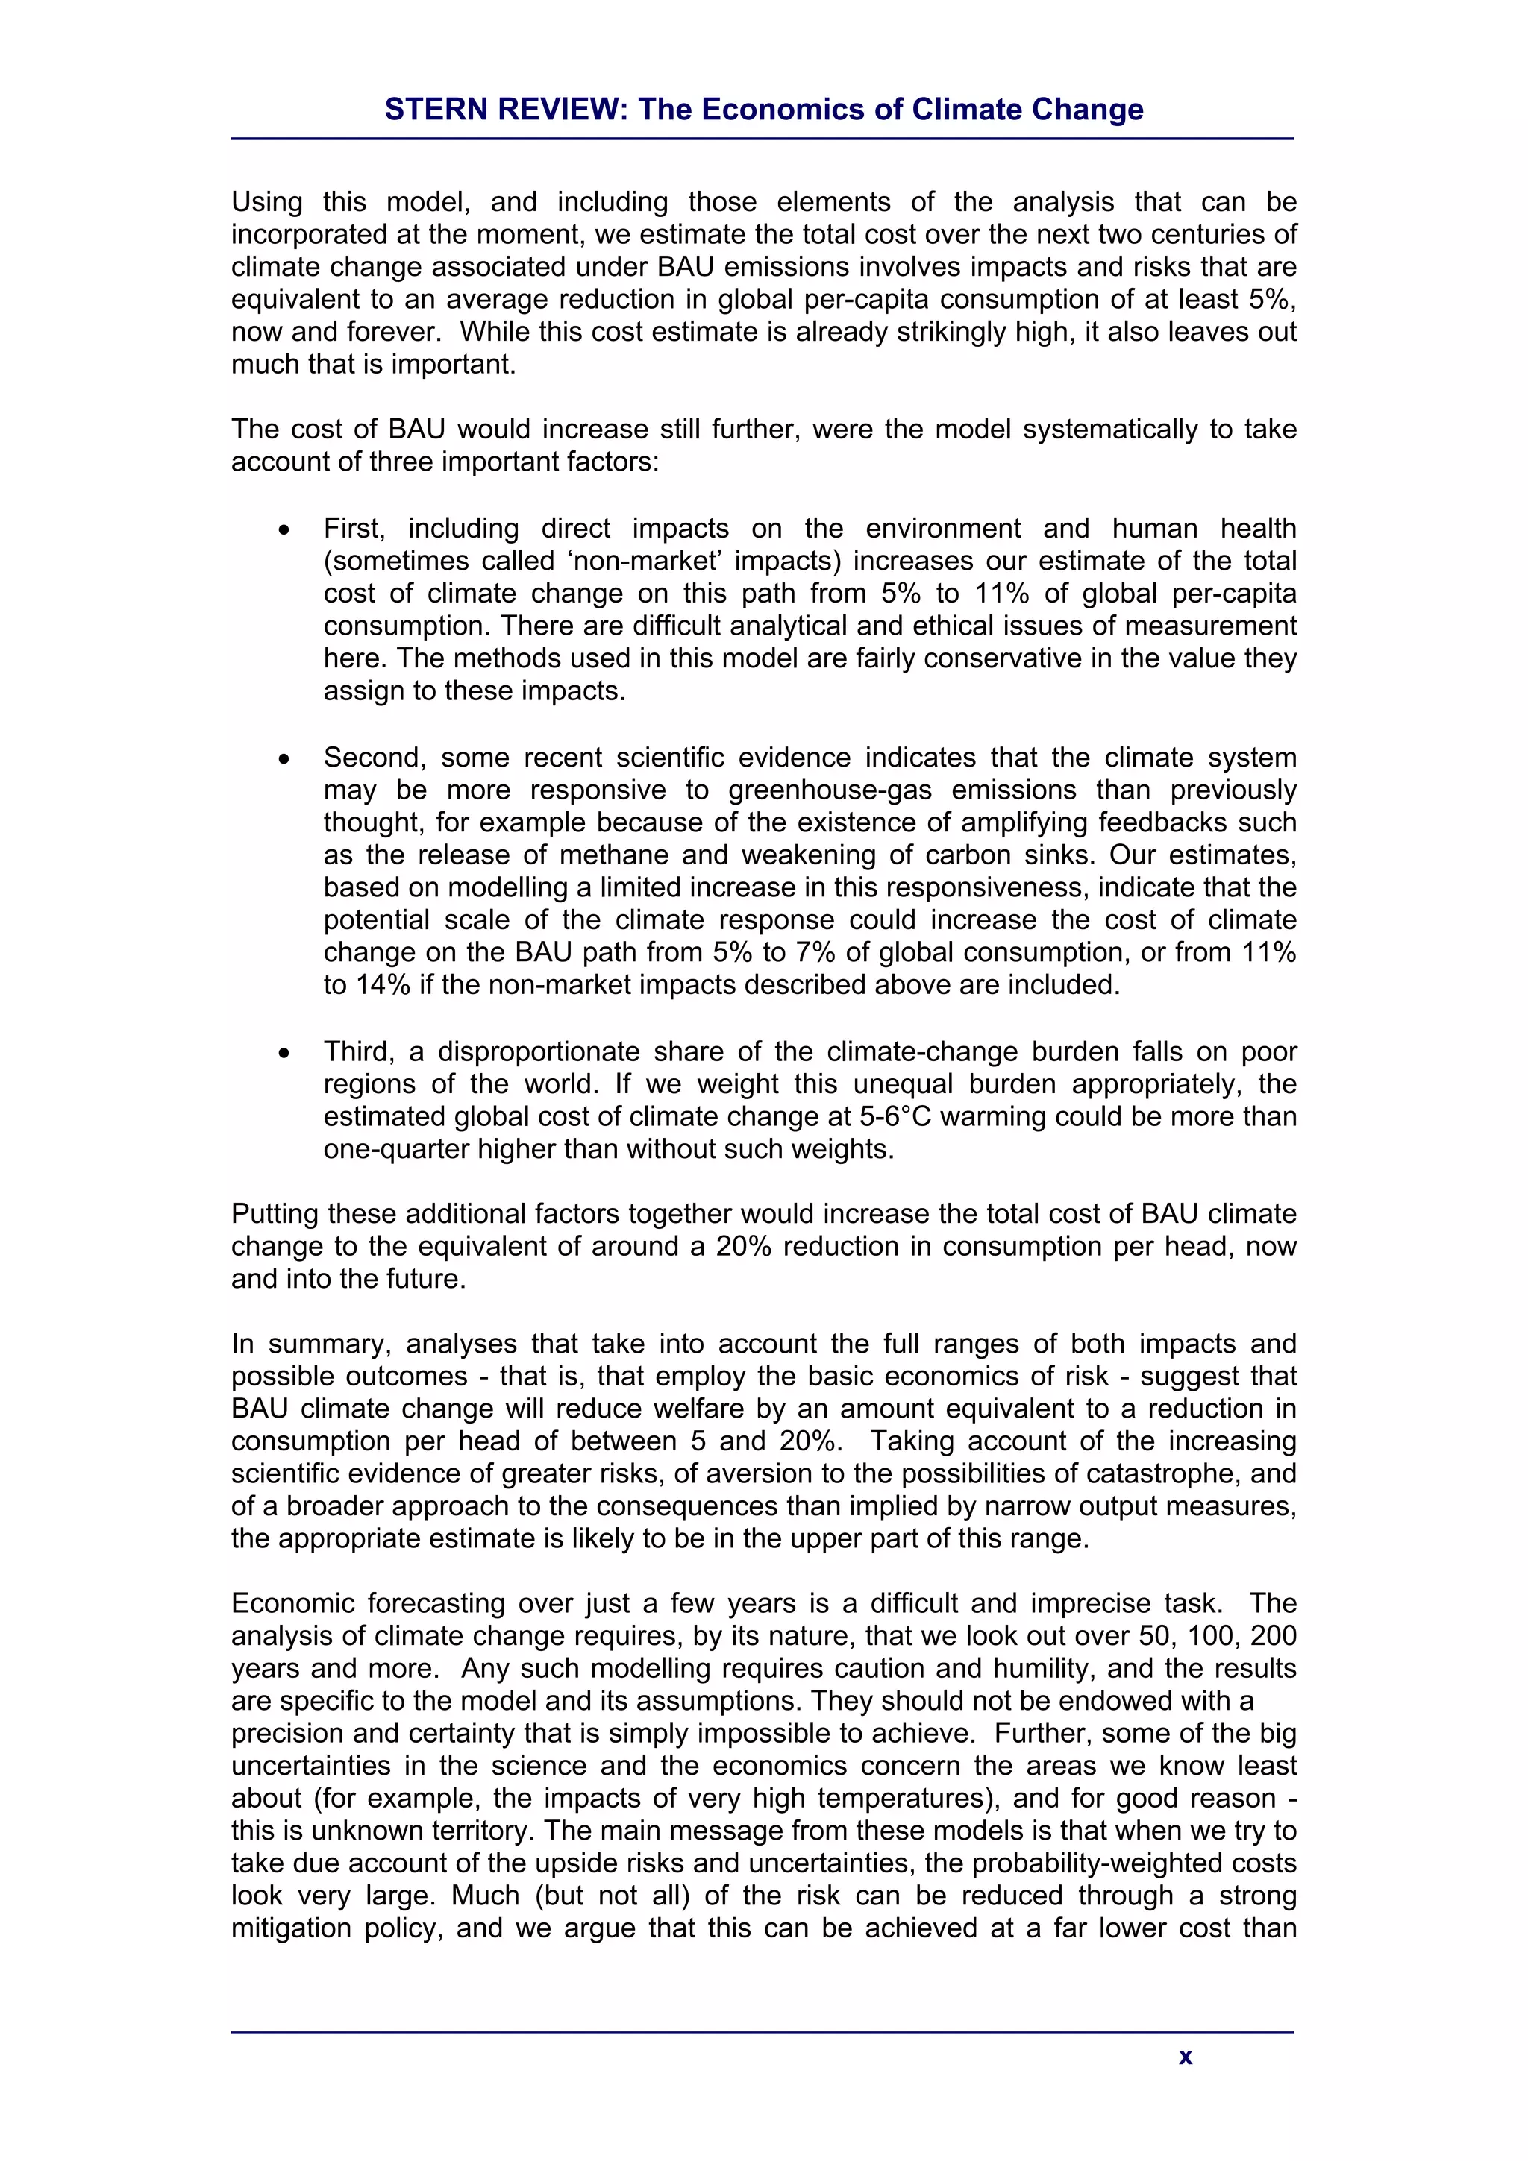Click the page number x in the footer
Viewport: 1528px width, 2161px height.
pyautogui.click(x=1186, y=2057)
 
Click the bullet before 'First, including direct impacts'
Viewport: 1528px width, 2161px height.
pyautogui.click(x=284, y=531)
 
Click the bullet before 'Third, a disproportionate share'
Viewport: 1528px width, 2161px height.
pyautogui.click(x=284, y=1053)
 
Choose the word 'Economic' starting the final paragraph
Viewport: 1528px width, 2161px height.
pyautogui.click(x=292, y=1604)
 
